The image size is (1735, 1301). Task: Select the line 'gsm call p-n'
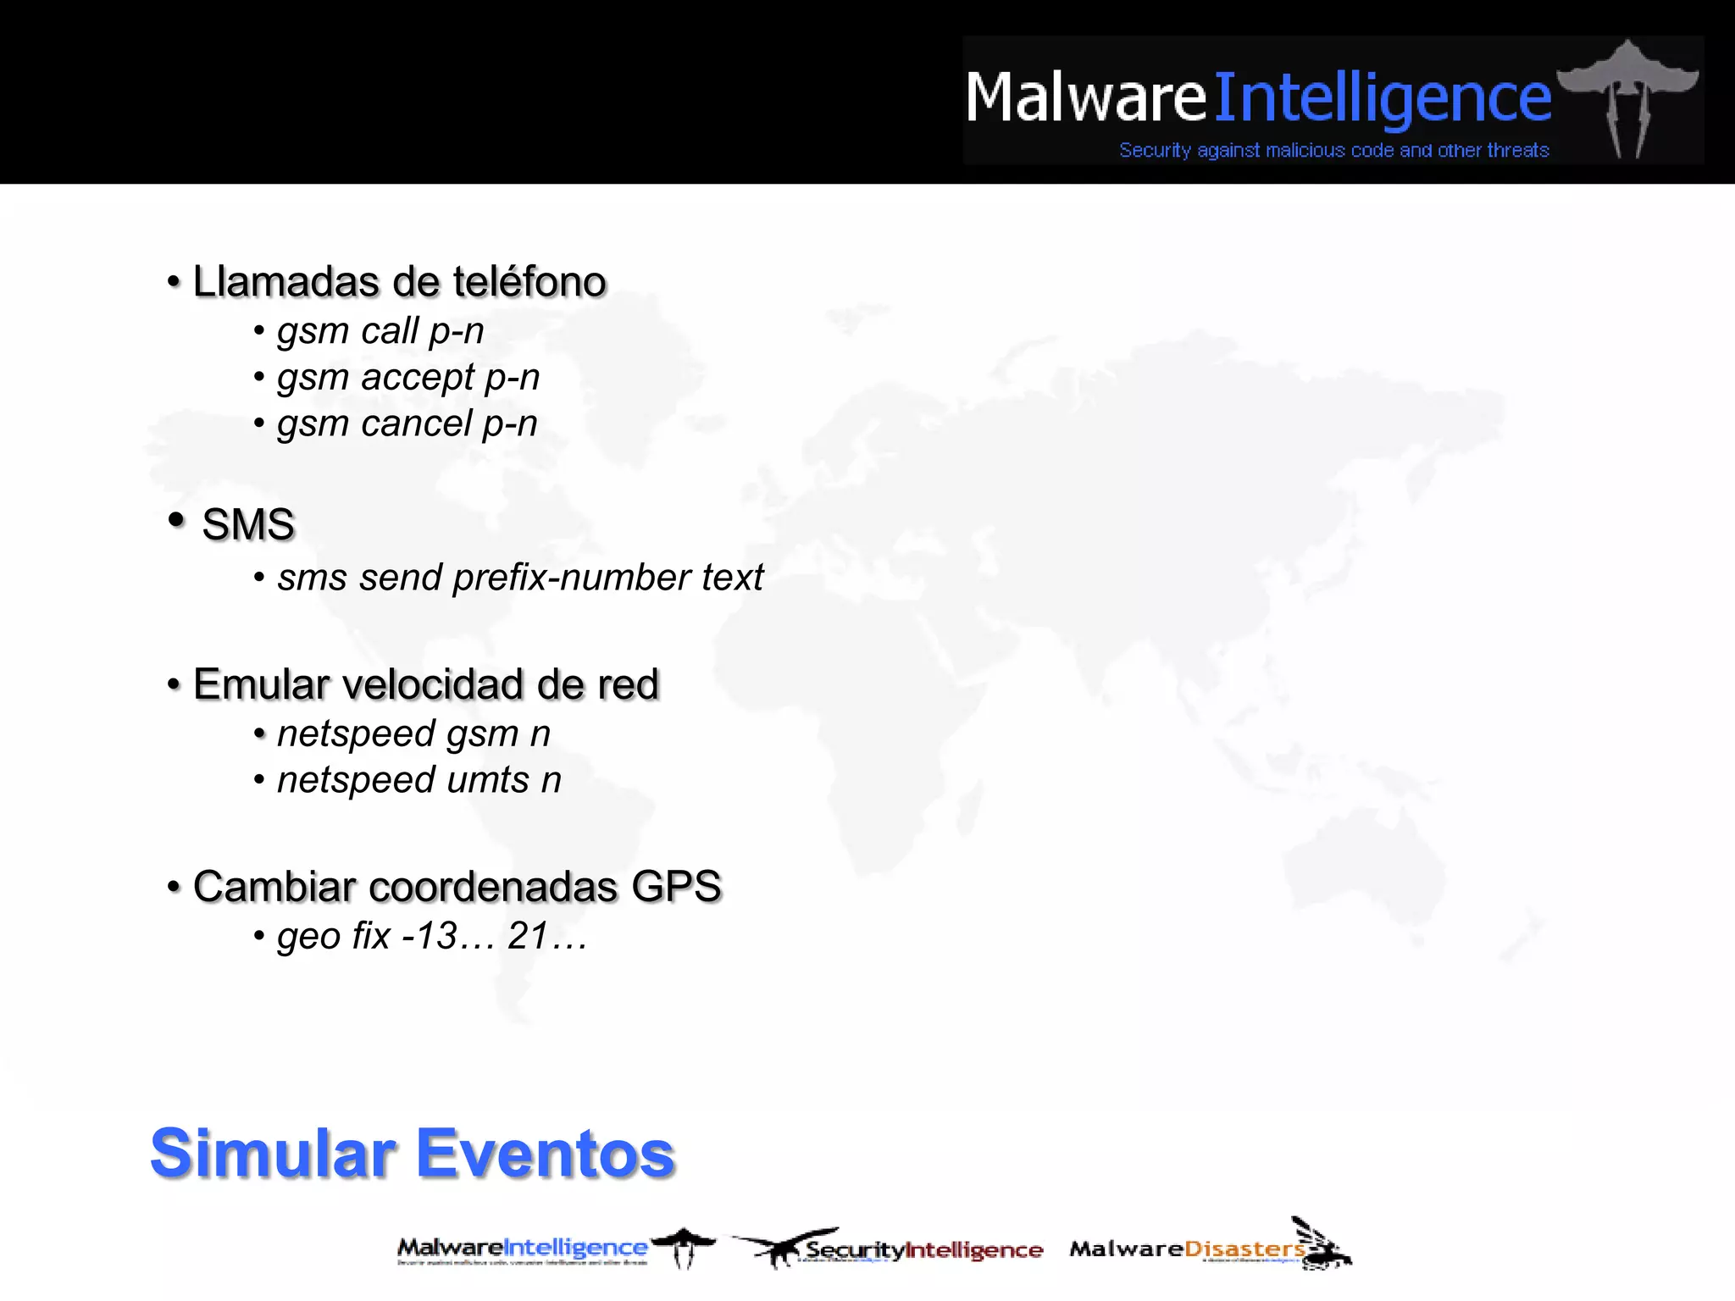point(380,331)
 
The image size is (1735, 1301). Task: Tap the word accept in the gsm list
point(418,378)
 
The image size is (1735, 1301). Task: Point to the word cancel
point(416,424)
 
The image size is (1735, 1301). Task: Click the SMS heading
point(248,524)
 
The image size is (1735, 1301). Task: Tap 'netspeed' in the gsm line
point(356,734)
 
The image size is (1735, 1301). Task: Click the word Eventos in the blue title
point(546,1154)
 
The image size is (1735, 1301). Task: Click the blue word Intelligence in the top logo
point(1383,98)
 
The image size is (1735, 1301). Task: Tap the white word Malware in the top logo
point(1085,98)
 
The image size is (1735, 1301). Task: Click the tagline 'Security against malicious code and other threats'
point(1333,151)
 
